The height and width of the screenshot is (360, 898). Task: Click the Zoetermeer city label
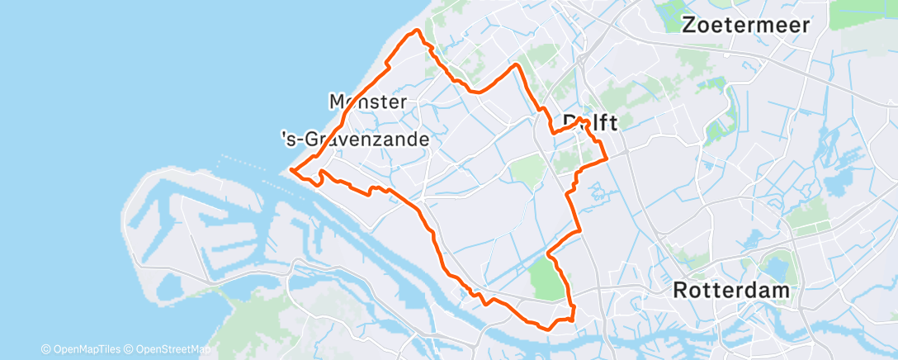click(x=746, y=25)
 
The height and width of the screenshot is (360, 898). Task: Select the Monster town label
click(x=367, y=102)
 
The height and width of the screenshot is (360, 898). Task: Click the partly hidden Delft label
click(x=589, y=122)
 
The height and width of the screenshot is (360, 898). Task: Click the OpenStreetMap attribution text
click(x=170, y=349)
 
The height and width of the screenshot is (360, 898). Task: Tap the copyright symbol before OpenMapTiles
click(x=46, y=349)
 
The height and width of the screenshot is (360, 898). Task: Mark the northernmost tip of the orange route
click(x=418, y=31)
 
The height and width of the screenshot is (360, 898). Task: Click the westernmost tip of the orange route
click(x=291, y=171)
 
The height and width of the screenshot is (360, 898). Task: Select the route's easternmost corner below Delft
click(x=607, y=156)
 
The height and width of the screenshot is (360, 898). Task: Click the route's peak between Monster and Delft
click(x=517, y=64)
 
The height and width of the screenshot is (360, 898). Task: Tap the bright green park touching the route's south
click(x=546, y=277)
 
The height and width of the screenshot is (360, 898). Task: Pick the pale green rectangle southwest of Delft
click(x=527, y=169)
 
